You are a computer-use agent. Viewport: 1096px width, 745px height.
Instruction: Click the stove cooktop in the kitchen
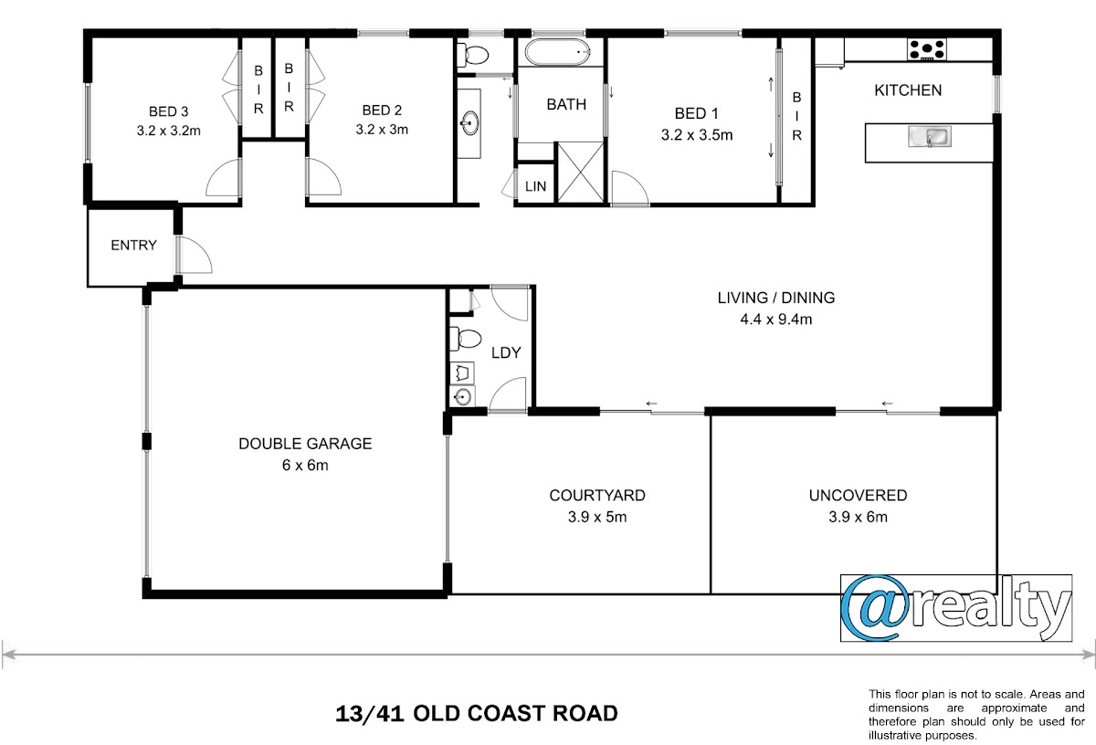point(927,49)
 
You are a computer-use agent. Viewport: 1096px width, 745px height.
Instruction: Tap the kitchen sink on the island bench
point(930,136)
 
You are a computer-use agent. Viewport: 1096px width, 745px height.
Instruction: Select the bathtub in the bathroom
point(558,52)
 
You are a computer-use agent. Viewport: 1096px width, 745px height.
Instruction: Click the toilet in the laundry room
point(465,339)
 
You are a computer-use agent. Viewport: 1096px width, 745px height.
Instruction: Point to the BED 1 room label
point(696,113)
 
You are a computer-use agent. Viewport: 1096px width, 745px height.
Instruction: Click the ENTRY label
point(133,245)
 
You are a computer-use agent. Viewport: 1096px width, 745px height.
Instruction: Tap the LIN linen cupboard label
point(535,186)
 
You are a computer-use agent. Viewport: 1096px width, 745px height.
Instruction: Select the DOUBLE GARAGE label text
point(305,444)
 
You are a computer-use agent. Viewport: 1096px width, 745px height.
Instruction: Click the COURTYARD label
point(597,496)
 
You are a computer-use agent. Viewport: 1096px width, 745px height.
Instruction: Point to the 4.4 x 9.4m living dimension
point(776,320)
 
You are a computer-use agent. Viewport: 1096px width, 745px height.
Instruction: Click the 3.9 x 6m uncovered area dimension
point(858,517)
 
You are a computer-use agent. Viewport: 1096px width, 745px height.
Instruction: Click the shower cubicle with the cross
point(580,172)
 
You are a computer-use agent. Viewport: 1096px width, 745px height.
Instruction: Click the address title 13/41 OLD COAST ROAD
point(477,714)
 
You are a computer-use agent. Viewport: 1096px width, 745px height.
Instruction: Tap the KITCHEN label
point(908,90)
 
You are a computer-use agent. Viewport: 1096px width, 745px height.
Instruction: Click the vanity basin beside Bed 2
point(469,122)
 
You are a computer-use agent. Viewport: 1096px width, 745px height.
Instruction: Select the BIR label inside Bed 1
point(796,117)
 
